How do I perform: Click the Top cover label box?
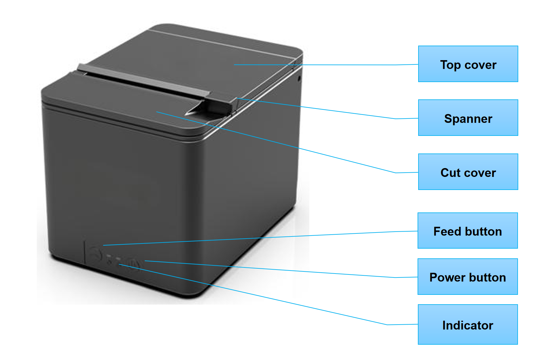(468, 64)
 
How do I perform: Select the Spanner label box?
(468, 118)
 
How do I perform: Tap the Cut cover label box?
(468, 172)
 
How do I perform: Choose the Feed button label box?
(468, 231)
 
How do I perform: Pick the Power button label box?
(468, 277)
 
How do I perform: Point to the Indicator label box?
(468, 324)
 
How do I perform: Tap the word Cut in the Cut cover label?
(451, 173)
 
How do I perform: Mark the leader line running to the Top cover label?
(326, 65)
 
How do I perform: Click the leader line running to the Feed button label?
(260, 238)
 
